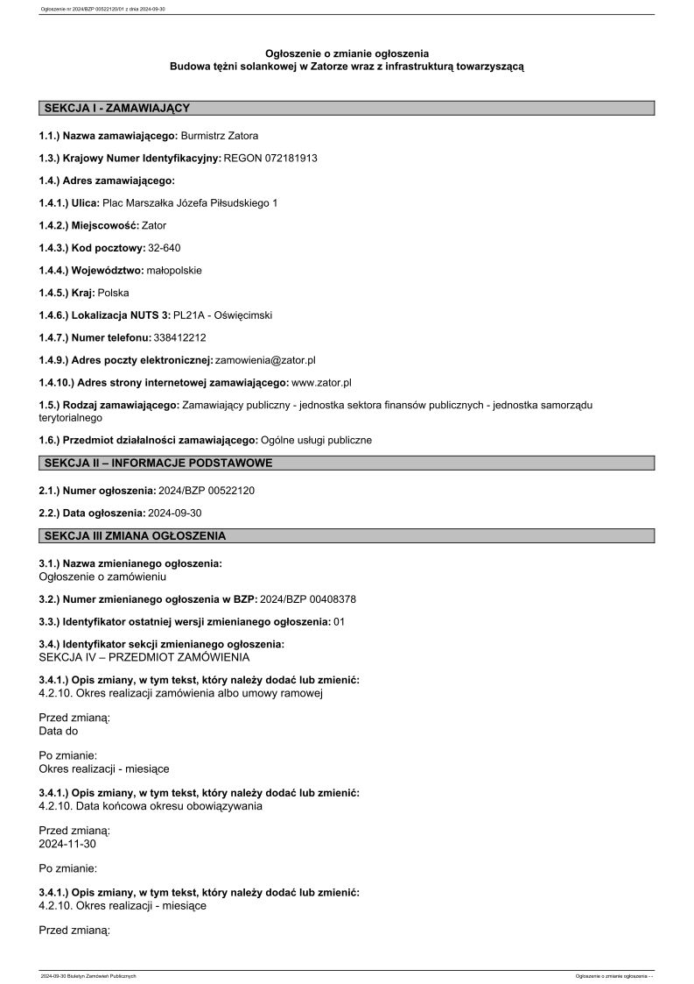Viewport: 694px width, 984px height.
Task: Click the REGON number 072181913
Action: coord(290,158)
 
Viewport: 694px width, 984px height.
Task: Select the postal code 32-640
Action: coord(165,248)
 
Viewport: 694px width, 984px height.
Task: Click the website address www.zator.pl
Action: coord(321,383)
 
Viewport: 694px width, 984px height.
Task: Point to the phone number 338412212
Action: coord(179,337)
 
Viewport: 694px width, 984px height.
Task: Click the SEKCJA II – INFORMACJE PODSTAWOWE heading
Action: coord(158,463)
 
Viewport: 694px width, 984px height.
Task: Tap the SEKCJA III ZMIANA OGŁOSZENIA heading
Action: coord(135,535)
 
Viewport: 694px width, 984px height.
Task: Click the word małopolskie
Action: coord(174,270)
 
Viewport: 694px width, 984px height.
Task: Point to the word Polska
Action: coord(113,293)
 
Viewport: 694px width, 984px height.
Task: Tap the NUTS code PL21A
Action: coord(188,315)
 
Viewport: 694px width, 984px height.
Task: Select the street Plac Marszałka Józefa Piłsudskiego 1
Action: coord(190,203)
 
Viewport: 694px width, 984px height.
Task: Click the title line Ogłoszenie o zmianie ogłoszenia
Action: coord(347,53)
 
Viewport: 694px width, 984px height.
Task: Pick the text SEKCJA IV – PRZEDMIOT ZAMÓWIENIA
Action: coord(144,657)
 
